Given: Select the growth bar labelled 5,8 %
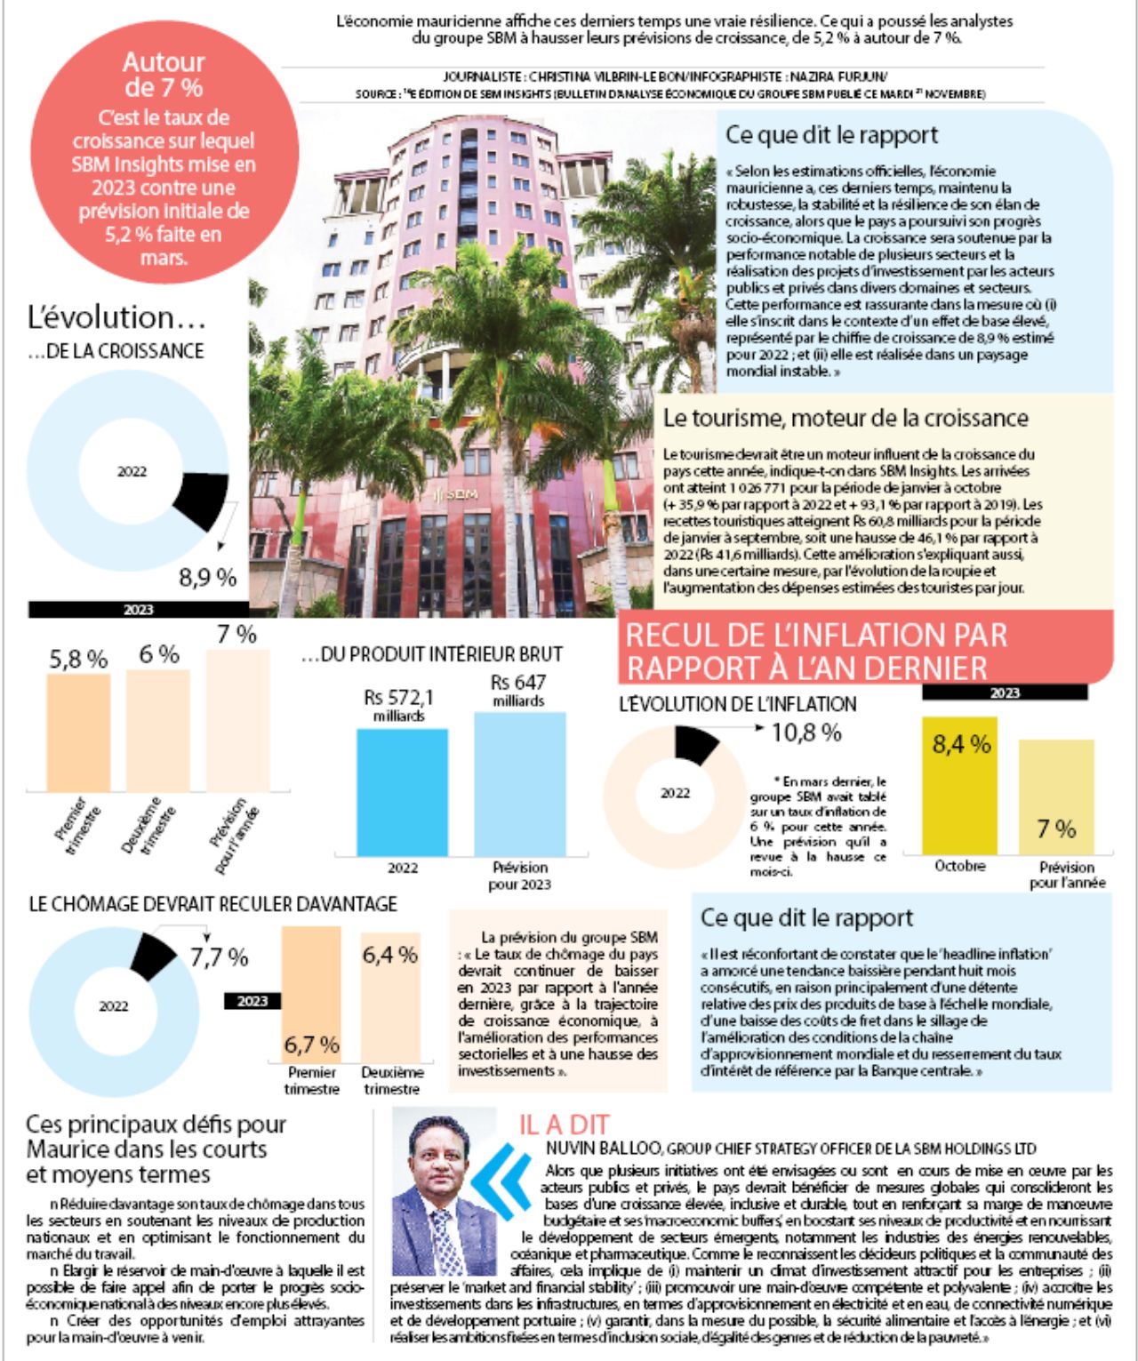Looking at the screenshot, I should tap(78, 731).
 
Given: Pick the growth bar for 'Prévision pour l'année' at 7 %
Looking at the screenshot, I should tap(237, 720).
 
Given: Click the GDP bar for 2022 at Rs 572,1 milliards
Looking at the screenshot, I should tap(402, 791).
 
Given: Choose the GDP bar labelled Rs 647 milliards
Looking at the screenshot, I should tap(519, 782).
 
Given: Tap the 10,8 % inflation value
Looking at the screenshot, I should tap(805, 733).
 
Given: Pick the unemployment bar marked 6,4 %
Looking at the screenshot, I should tap(390, 996).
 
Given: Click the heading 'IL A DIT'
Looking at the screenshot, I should tap(564, 1125).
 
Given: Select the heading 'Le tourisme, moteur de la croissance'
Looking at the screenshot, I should tap(845, 419).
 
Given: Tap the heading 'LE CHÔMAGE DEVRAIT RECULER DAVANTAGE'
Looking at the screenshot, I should tap(213, 904).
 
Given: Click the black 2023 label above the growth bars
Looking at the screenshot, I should tap(138, 610).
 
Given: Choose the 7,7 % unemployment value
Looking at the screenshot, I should tap(219, 957).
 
